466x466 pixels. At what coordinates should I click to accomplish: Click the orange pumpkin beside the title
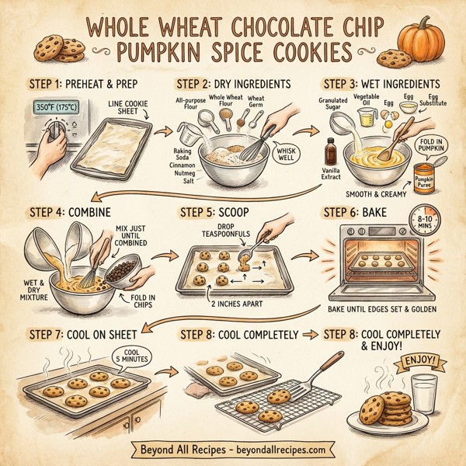[x=421, y=40]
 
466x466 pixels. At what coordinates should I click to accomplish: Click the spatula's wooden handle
[x=329, y=366]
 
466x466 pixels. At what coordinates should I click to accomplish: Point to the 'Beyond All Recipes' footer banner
[x=232, y=449]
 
